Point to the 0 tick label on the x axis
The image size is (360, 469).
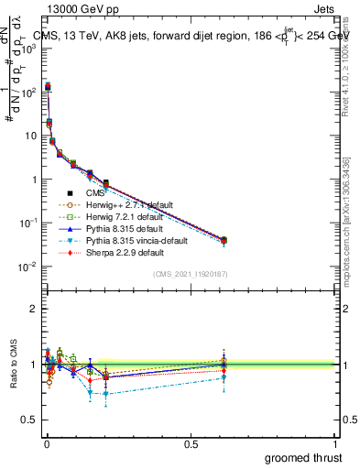[x=46, y=443]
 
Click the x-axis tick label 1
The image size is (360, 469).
[x=335, y=443]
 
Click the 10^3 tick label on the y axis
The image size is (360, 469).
[x=27, y=48]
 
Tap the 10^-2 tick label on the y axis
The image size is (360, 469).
[x=27, y=267]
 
